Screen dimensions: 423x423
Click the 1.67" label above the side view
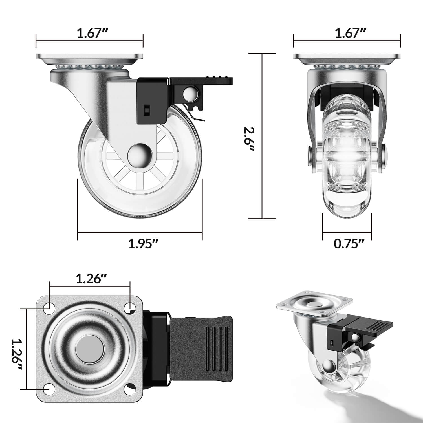pos(89,33)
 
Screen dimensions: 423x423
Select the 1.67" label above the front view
pos(347,33)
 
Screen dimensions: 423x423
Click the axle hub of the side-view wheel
pos(140,155)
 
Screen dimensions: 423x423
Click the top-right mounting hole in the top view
pos(130,306)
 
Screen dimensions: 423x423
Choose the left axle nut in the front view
pos(310,155)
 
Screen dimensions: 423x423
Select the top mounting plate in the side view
pos(89,56)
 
